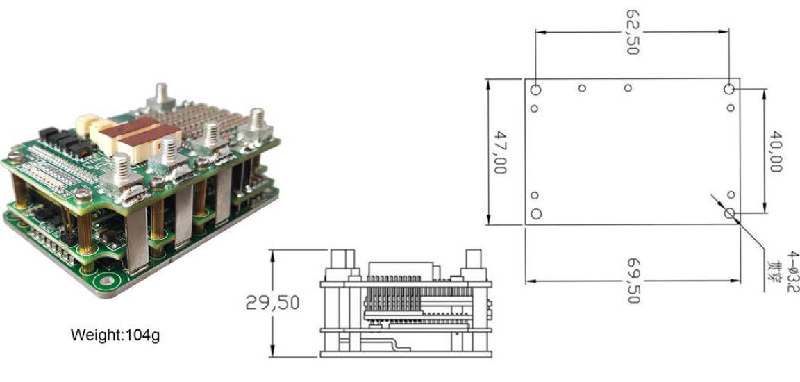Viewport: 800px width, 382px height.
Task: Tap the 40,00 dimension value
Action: point(776,151)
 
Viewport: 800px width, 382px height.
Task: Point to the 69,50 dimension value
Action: point(633,281)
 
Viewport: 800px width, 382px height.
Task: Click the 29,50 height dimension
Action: point(272,303)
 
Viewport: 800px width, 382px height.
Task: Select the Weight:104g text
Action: point(115,335)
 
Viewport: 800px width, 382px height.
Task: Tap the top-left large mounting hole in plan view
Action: point(535,90)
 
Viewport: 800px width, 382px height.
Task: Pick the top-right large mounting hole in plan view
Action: point(729,90)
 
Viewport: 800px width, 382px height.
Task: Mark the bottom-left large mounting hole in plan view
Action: point(535,214)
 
